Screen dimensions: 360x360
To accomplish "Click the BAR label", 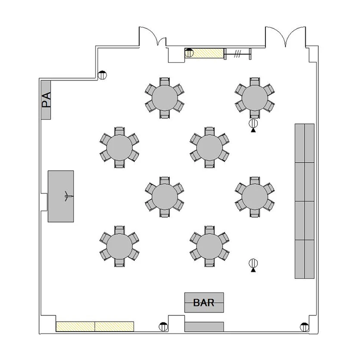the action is [x=204, y=302].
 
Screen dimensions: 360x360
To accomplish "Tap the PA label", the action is [x=46, y=100].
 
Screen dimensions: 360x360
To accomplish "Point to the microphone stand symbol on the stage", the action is [x=68, y=196].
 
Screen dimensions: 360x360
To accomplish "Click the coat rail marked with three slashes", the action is [x=238, y=54].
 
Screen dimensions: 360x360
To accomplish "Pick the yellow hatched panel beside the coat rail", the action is [x=204, y=53].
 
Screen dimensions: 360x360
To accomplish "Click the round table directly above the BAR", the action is [x=209, y=246].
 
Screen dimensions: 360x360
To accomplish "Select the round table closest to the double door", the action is [x=255, y=98].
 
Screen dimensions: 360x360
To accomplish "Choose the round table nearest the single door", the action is [x=165, y=98].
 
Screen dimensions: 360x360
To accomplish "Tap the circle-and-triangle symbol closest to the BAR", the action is [x=253, y=265].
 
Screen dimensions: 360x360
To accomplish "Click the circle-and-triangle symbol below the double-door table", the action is [x=253, y=125].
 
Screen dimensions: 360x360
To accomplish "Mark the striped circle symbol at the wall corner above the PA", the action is [x=102, y=75].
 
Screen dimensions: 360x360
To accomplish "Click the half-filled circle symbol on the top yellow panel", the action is [x=189, y=53].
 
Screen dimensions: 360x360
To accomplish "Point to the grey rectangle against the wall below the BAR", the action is [x=204, y=327].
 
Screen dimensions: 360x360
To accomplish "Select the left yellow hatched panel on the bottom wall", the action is [x=75, y=326].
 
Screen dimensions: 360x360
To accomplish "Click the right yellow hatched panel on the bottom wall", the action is [x=114, y=326].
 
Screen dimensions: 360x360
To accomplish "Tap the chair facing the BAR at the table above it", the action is [x=209, y=263].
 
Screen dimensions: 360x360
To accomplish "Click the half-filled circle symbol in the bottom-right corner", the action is [x=304, y=327].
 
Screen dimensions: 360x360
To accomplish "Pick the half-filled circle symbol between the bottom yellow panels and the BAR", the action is [x=163, y=327].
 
